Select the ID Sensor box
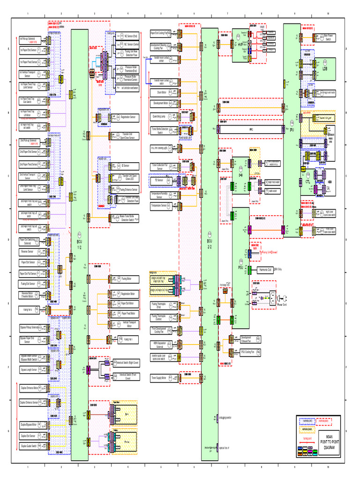[125, 165]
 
